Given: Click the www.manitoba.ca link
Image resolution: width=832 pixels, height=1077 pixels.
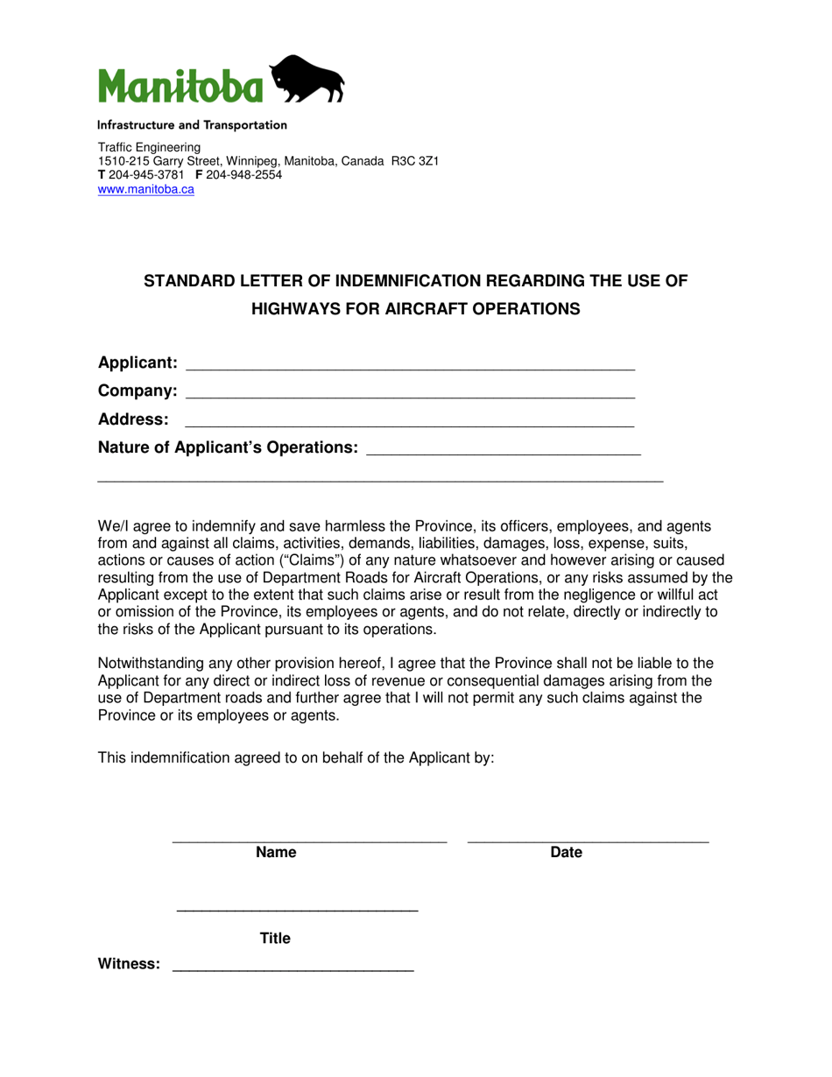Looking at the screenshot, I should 145,189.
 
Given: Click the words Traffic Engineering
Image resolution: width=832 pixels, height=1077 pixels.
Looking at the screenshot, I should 149,148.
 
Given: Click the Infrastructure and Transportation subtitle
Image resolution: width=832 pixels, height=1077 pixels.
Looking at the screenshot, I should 192,125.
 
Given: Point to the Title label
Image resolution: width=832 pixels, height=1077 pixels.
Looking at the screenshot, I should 275,939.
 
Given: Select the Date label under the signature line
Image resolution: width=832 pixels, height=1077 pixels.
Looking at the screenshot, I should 566,853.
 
